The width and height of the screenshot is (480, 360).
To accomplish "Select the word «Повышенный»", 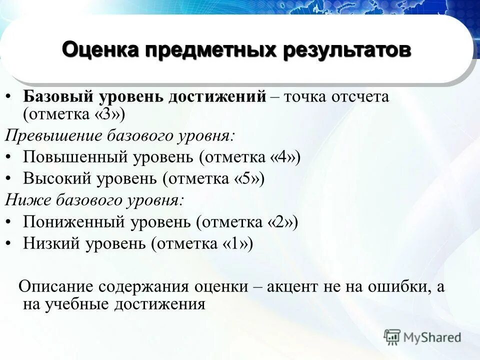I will (x=75, y=157).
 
